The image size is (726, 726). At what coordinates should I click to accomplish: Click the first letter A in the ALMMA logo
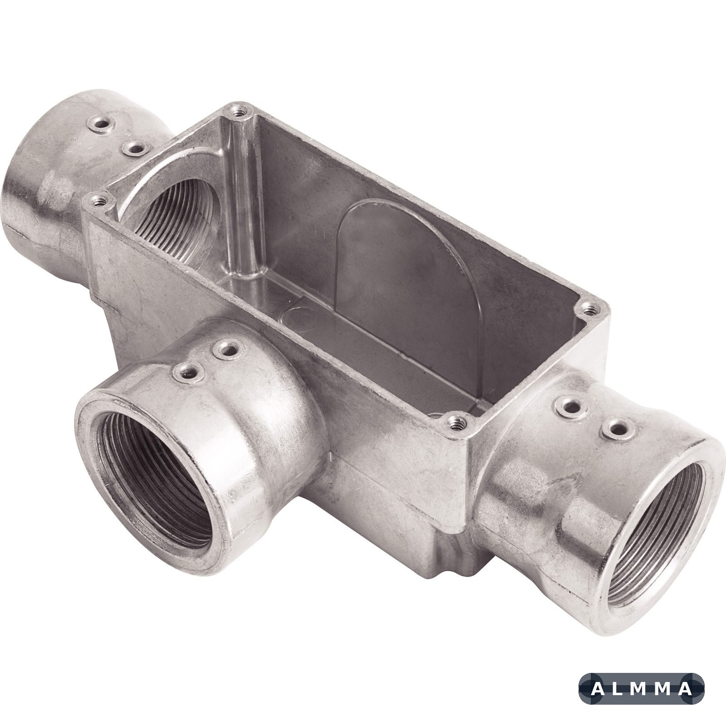coord(598,689)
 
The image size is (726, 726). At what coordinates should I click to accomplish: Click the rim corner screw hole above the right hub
coord(589,310)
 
